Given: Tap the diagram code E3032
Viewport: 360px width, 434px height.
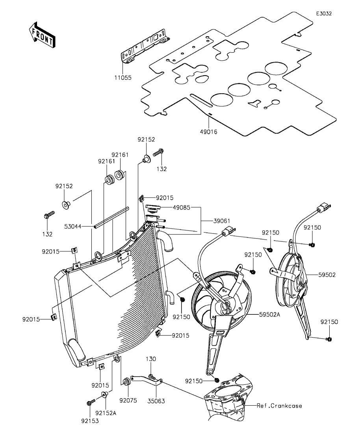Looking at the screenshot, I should tap(324, 13).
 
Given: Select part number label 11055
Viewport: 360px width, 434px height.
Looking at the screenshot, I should tap(123, 78).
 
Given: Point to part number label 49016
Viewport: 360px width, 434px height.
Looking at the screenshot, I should tap(209, 132).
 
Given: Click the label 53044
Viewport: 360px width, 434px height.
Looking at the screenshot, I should tap(73, 226).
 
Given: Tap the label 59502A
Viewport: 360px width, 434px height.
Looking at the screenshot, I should tap(271, 314).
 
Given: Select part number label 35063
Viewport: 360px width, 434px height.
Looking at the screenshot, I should tap(156, 401).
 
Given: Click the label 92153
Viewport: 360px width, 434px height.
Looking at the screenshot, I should tap(91, 421).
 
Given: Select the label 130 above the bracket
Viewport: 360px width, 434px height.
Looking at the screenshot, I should tap(151, 359).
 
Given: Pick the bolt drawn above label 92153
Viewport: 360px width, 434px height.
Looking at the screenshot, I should tap(90, 403).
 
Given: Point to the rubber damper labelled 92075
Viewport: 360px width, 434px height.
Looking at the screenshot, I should tap(127, 382).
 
